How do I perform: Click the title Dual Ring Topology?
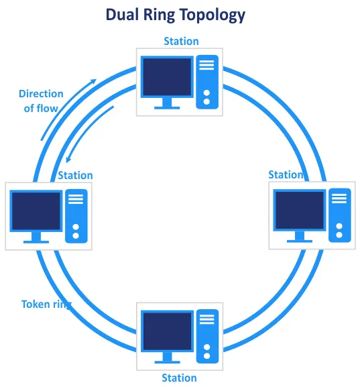tap(176, 15)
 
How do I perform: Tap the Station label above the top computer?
tap(182, 41)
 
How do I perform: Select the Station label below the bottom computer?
tap(180, 378)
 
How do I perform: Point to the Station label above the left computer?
tap(76, 176)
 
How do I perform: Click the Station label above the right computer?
tap(286, 175)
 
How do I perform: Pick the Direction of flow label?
tap(41, 101)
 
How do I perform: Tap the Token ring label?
tap(46, 305)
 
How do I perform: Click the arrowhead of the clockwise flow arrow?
tap(93, 81)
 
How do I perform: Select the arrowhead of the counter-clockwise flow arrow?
tap(68, 160)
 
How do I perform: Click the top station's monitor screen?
tap(168, 76)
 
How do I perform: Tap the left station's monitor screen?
tap(36, 211)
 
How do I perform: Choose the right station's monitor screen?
tap(300, 211)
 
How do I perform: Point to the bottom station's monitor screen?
tap(168, 331)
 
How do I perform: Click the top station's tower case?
tap(207, 82)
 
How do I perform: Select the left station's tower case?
tap(76, 216)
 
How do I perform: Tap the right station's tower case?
tap(340, 215)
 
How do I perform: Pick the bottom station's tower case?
tap(208, 337)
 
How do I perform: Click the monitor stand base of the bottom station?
tap(168, 362)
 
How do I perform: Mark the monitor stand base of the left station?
tap(36, 242)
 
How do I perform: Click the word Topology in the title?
tap(213, 15)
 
